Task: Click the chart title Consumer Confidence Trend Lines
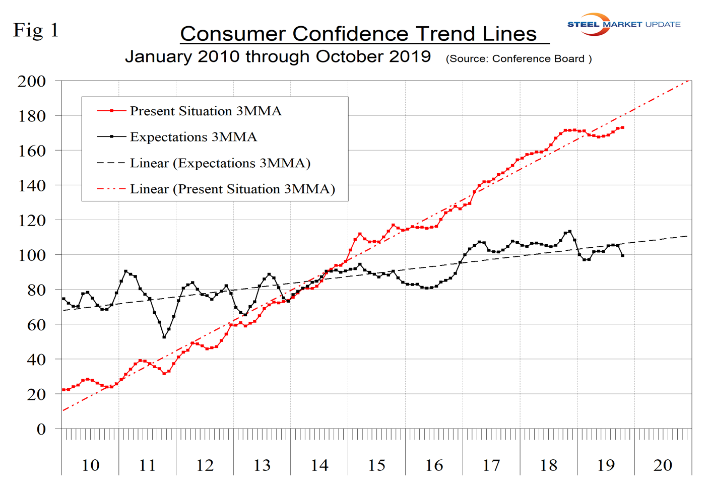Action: coord(359,34)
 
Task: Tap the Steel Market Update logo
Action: coord(623,24)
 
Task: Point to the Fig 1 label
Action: coord(36,30)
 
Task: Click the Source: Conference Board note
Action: coord(518,59)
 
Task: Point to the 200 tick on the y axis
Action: coord(32,81)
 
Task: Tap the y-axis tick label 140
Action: coord(32,186)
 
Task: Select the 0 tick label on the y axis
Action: coord(41,430)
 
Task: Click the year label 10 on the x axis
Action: coord(90,465)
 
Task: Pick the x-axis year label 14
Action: coord(319,465)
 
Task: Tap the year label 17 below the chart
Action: coord(491,465)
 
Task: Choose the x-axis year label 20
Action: coord(663,465)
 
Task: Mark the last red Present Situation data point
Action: coord(623,127)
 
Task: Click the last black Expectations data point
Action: coord(623,256)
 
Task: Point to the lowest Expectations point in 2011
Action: coord(164,337)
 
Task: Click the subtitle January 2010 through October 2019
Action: coord(278,56)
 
